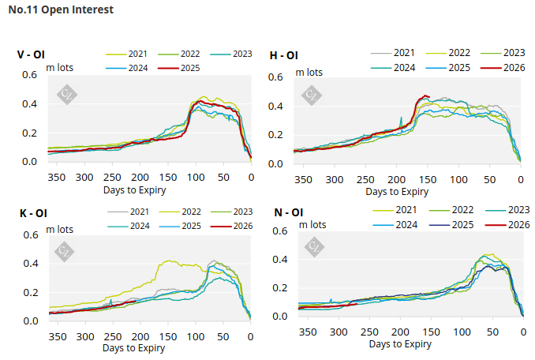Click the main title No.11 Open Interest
pyautogui.click(x=60, y=10)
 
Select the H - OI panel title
pyautogui.click(x=283, y=55)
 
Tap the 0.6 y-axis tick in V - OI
pyautogui.click(x=29, y=75)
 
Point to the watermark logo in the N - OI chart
pyautogui.click(x=313, y=247)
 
